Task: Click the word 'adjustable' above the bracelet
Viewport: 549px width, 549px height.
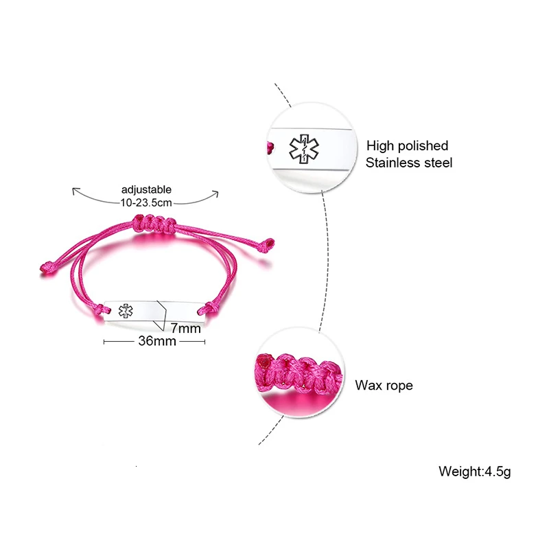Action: click(x=146, y=190)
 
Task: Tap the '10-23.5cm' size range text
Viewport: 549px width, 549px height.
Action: click(x=146, y=202)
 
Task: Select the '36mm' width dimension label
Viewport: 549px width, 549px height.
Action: click(x=157, y=340)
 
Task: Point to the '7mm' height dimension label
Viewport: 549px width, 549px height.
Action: click(x=185, y=329)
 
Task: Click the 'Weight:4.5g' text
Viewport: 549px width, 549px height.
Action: click(x=475, y=471)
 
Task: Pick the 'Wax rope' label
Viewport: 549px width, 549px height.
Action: click(x=384, y=385)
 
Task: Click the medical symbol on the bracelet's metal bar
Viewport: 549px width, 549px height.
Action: click(x=126, y=311)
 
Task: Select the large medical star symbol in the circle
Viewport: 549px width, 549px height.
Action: click(x=304, y=148)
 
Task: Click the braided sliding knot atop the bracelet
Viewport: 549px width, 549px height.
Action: click(x=154, y=224)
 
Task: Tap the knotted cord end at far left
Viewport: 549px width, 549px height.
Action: click(x=47, y=267)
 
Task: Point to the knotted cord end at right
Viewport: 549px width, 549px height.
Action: click(x=267, y=244)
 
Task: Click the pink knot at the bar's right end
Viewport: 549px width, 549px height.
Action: click(x=207, y=308)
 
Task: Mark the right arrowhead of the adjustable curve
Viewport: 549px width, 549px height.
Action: click(x=216, y=194)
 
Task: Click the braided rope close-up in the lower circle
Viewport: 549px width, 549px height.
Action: click(x=299, y=373)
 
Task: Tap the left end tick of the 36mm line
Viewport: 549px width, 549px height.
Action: click(x=104, y=342)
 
